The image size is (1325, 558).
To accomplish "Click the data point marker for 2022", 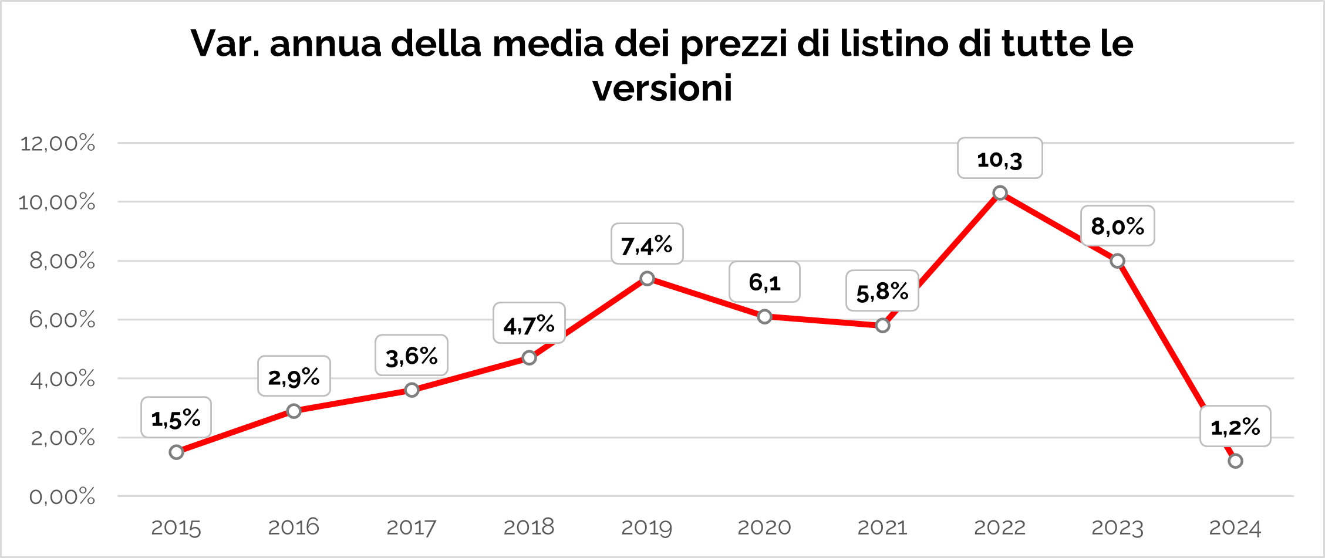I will (x=1000, y=193).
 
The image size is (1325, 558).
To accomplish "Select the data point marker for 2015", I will (x=176, y=452).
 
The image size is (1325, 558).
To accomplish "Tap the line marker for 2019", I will (x=647, y=278).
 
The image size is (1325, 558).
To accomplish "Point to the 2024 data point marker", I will (x=1235, y=461).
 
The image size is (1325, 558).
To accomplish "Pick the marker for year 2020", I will (x=764, y=317).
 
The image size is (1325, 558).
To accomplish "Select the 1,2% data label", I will (x=1235, y=427).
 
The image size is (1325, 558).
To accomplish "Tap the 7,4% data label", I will (x=647, y=244).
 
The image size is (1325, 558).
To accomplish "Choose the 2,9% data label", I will (x=294, y=377).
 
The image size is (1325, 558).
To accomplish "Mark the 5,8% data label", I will (x=882, y=291).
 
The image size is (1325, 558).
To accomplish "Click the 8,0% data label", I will (x=1117, y=226).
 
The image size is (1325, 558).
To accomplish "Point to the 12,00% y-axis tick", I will (x=58, y=143).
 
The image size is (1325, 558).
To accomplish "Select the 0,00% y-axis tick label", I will (x=62, y=497).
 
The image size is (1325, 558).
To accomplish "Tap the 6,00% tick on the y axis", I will (x=62, y=320).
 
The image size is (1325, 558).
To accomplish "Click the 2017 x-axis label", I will (x=411, y=527).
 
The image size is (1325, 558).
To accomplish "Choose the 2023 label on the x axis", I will (x=1117, y=527).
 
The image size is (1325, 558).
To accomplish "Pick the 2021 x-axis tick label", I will (x=882, y=527).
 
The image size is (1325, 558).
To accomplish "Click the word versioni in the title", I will (x=662, y=89).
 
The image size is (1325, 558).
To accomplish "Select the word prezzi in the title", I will (x=734, y=45).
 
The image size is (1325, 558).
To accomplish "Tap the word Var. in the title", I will (x=225, y=43).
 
